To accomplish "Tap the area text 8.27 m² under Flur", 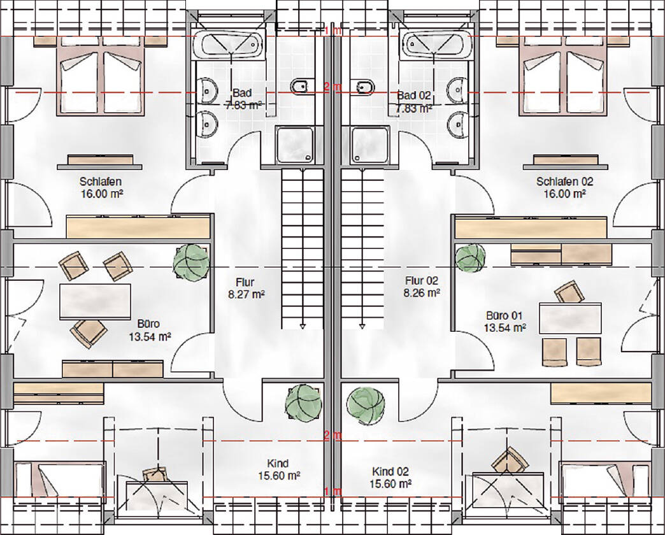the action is [247, 294].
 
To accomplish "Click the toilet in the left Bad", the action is [303, 86].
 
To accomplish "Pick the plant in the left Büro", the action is [191, 262].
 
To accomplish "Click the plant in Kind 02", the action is [366, 405].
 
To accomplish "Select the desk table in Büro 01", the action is [570, 317].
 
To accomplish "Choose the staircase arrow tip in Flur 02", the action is [362, 327].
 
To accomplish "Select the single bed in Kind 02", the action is [605, 478].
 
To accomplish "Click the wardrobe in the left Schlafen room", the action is [138, 227].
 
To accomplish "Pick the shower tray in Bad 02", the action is [370, 145].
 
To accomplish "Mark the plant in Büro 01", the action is [470, 258].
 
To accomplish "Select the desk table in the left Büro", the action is [95, 303].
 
